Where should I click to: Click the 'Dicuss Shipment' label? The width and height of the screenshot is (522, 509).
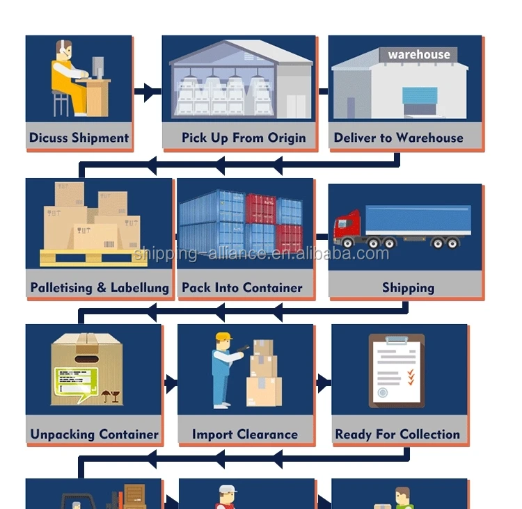click(79, 138)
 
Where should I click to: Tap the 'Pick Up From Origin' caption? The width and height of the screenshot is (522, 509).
click(244, 138)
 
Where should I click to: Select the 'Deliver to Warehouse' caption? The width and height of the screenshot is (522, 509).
click(398, 138)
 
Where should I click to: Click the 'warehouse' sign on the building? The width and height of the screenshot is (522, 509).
click(418, 54)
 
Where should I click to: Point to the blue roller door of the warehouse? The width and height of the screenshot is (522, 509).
click(420, 102)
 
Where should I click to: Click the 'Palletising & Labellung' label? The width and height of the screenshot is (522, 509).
click(100, 287)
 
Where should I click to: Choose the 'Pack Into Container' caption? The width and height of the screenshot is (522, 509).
click(242, 287)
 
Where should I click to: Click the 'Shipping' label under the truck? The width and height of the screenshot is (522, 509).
click(408, 287)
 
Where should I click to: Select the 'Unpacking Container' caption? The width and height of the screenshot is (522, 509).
click(94, 435)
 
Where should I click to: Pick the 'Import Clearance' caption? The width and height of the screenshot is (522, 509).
click(244, 435)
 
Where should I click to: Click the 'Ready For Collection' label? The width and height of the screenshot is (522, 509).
click(397, 435)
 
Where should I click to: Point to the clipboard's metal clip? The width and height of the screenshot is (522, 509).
click(396, 339)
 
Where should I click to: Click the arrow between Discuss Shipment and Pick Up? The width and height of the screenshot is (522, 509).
click(147, 91)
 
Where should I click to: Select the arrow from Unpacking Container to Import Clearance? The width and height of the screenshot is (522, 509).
click(169, 382)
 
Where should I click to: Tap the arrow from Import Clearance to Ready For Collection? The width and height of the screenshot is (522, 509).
click(322, 382)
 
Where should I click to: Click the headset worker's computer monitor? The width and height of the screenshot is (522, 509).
click(97, 67)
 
